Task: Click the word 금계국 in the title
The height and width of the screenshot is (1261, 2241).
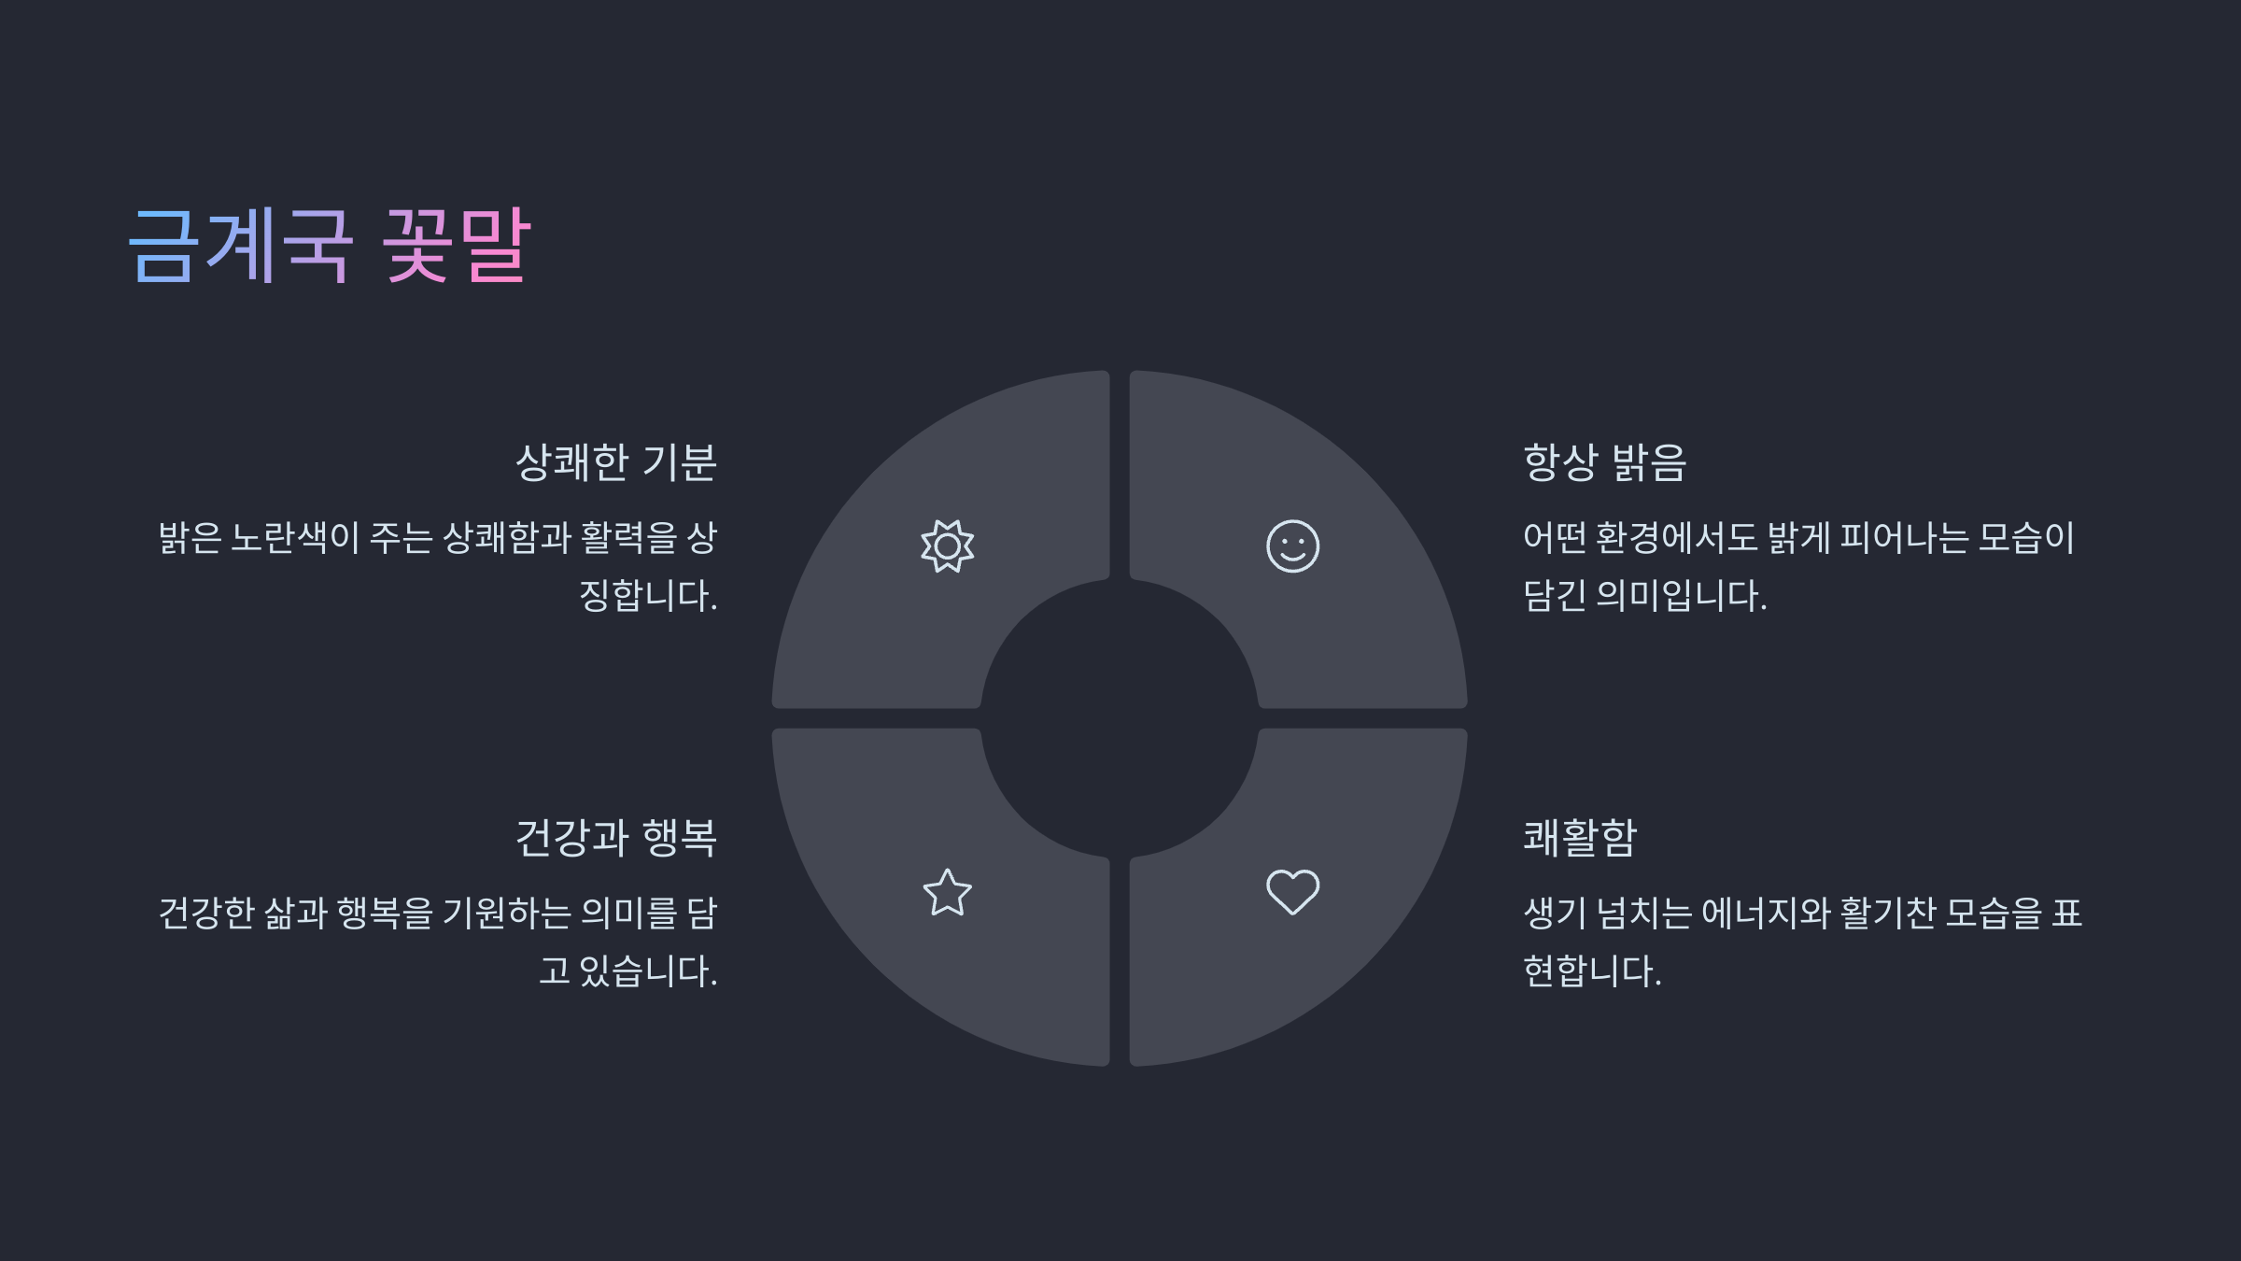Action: click(240, 245)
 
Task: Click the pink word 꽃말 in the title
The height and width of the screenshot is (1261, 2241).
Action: click(457, 245)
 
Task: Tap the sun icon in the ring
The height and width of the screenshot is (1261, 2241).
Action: click(947, 546)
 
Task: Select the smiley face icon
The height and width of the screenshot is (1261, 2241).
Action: click(1292, 546)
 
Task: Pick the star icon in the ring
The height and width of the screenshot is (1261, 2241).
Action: click(947, 892)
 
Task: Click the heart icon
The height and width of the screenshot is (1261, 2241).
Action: click(1292, 892)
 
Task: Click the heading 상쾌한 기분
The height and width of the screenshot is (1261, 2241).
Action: click(615, 462)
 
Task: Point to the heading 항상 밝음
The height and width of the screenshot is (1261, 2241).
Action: click(1604, 462)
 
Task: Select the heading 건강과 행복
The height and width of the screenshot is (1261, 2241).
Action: click(615, 838)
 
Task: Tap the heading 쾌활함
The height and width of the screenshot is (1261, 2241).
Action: click(1580, 838)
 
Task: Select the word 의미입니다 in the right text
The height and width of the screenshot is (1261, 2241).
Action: click(1681, 596)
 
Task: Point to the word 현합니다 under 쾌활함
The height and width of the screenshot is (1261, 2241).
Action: click(1591, 971)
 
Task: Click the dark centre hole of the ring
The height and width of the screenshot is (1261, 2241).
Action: click(1120, 718)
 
